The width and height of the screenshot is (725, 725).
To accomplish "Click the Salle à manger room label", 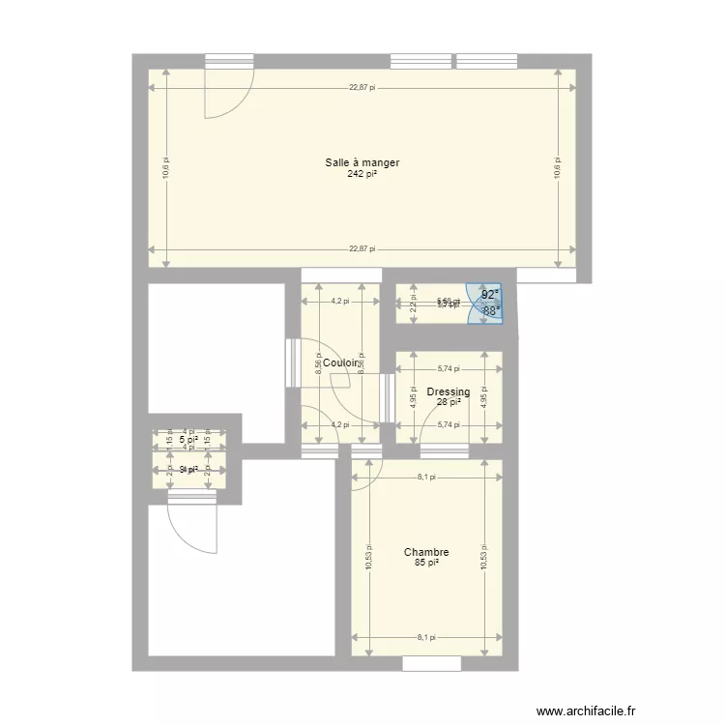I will [x=362, y=163].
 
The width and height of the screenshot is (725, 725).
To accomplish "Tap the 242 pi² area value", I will [x=362, y=175].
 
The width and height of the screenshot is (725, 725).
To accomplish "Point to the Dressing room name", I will [x=449, y=391].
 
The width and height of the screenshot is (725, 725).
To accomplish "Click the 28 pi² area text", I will [x=449, y=402].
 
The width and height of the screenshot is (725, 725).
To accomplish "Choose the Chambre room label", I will [x=426, y=553].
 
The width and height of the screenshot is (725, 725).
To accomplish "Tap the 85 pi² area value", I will [x=426, y=563].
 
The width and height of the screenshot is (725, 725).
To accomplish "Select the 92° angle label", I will [x=491, y=295].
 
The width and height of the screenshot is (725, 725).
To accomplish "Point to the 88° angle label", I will [x=491, y=310].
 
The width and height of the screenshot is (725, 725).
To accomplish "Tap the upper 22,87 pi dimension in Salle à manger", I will [x=362, y=88].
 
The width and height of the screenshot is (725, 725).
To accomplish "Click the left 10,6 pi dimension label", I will [x=166, y=168].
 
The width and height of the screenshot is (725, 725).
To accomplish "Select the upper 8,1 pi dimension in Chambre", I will [x=426, y=477].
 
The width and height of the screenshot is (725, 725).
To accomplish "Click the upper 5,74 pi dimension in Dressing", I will [x=449, y=368].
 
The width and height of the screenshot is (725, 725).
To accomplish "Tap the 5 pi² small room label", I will [x=188, y=439].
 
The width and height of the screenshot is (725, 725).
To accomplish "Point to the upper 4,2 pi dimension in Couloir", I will [x=339, y=301].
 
